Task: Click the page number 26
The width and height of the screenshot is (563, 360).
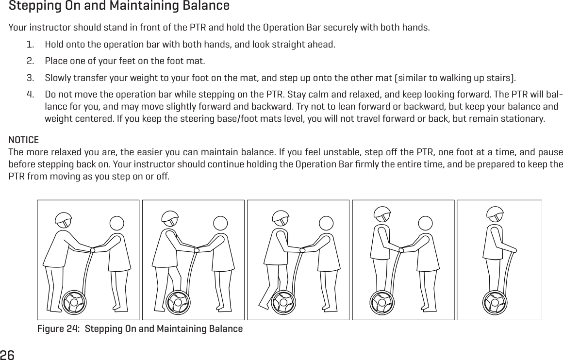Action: tap(8, 354)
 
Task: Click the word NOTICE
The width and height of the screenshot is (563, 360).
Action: tap(24, 140)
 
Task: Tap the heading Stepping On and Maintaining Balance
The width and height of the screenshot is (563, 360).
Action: tap(119, 7)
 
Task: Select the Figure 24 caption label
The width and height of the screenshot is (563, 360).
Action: tap(140, 329)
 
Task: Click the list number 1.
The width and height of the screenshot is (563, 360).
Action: tap(30, 45)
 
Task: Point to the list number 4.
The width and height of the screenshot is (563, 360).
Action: tap(30, 93)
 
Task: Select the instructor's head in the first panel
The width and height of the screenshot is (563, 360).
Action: tap(117, 223)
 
